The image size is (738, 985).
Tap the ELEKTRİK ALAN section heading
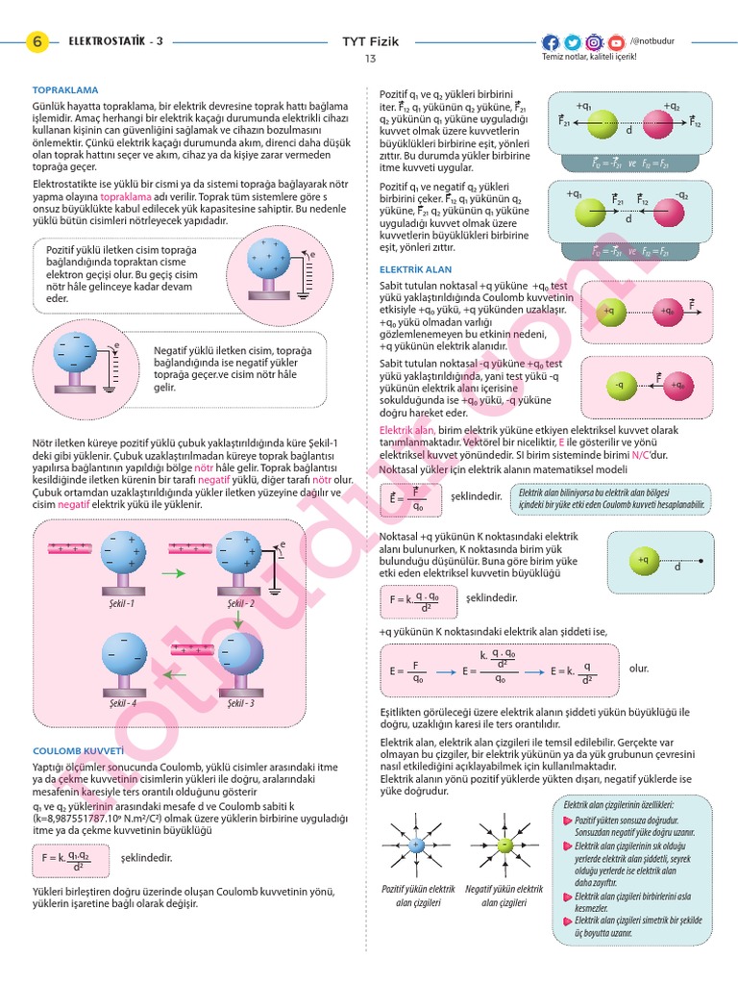415,269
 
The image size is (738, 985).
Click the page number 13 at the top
370,60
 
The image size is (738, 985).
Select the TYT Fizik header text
370,41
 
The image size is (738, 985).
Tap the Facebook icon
551,42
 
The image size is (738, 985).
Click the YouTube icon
616,42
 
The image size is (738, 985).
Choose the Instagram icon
594,42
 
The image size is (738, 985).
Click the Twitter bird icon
573,42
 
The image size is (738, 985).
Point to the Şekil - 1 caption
122,603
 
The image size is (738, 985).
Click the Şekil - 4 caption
122,703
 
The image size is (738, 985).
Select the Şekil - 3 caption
240,703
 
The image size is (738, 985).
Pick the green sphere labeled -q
620,386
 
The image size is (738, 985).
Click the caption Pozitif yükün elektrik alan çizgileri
418,896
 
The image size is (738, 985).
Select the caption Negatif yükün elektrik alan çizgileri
504,896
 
